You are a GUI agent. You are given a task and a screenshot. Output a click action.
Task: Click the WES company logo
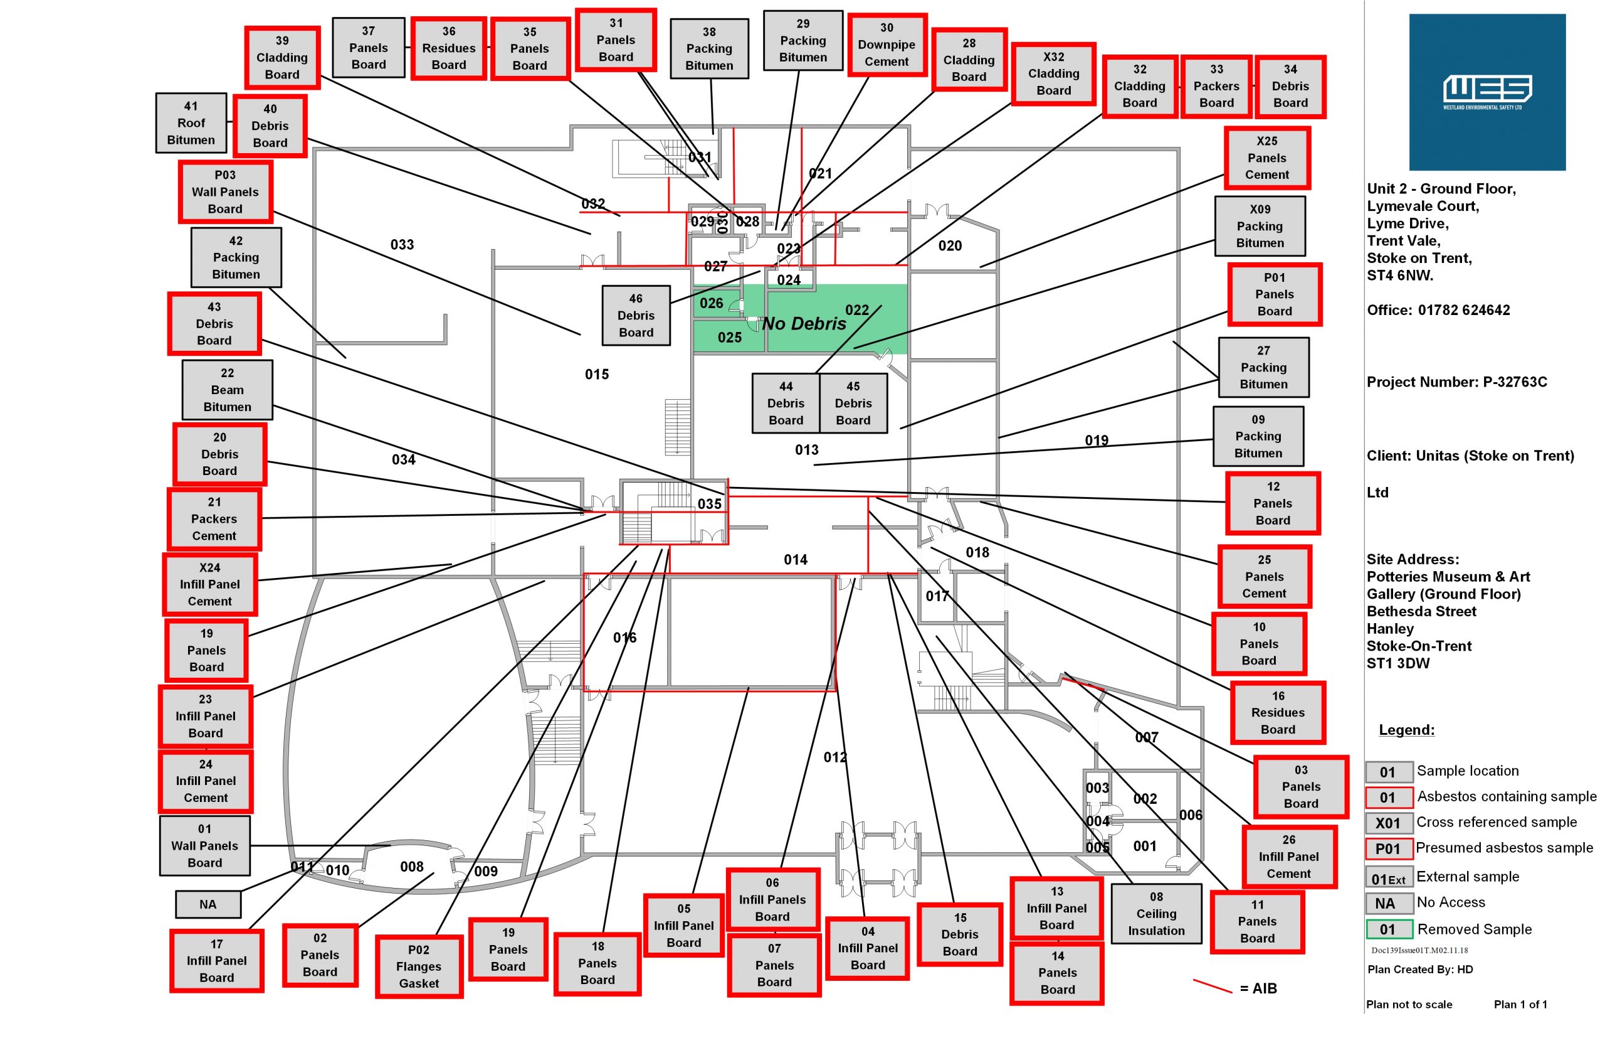[1487, 92]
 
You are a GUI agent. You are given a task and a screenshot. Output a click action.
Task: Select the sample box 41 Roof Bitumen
[191, 123]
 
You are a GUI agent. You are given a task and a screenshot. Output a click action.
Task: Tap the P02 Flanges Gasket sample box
[419, 966]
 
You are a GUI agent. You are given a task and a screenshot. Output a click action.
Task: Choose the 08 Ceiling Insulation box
[1156, 913]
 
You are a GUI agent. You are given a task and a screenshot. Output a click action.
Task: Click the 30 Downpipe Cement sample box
[887, 45]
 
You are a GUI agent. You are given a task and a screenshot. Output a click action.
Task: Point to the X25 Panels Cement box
[1266, 158]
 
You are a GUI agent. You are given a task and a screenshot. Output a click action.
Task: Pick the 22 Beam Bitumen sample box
[227, 389]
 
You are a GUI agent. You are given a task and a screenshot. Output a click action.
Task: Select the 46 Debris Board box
[636, 315]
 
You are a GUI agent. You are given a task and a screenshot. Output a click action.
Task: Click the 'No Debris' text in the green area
[804, 324]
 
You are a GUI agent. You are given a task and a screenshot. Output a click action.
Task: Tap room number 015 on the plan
[597, 374]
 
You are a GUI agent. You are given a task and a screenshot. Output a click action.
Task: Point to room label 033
[402, 244]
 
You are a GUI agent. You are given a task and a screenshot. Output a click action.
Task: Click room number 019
[1097, 440]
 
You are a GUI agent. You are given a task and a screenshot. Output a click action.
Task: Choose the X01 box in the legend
[1389, 823]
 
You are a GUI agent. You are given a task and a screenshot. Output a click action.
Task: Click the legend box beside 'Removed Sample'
[1389, 929]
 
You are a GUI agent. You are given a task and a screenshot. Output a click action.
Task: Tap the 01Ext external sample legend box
[1389, 877]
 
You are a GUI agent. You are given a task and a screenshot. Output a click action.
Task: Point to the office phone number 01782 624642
[1464, 311]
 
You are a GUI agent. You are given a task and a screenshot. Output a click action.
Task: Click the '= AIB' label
[1258, 988]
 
